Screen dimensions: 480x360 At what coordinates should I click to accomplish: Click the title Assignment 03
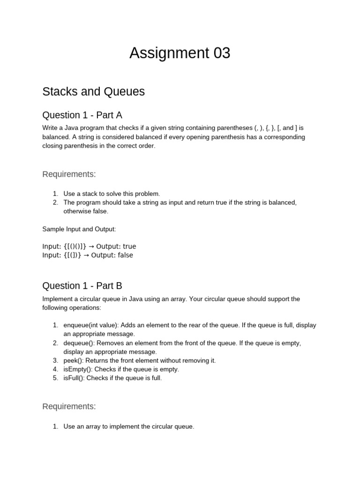point(180,53)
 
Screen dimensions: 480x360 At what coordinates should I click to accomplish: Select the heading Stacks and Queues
point(93,91)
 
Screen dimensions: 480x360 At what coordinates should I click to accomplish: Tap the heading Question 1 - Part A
point(82,115)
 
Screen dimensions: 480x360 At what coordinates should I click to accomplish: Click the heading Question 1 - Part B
point(82,286)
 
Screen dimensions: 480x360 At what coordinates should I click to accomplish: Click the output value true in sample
point(129,247)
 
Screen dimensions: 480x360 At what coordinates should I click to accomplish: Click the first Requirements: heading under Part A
point(69,174)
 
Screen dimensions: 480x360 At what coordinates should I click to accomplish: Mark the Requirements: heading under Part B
point(69,406)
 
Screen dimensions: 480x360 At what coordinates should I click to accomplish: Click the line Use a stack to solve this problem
point(112,194)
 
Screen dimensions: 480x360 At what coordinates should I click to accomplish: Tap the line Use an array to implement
point(128,427)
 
